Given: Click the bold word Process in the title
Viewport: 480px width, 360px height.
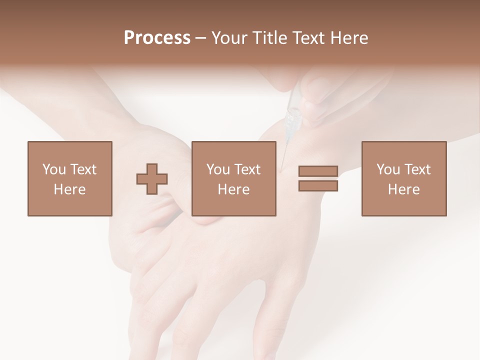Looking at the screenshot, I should pyautogui.click(x=157, y=38).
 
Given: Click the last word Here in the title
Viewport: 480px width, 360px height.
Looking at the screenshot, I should pyautogui.click(x=349, y=38).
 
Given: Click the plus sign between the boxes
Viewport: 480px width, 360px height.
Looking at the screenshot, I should pyautogui.click(x=152, y=178).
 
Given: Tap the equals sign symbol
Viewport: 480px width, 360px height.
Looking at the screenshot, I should pyautogui.click(x=318, y=178).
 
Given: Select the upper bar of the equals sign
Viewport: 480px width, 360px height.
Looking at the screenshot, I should pyautogui.click(x=318, y=171).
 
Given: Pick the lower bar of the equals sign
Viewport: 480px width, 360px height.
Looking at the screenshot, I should pyautogui.click(x=318, y=185).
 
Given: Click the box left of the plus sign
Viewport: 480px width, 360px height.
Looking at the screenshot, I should pyautogui.click(x=69, y=178).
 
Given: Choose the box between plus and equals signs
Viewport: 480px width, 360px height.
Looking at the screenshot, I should pyautogui.click(x=233, y=178).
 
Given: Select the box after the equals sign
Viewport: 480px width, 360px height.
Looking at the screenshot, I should pyautogui.click(x=403, y=178).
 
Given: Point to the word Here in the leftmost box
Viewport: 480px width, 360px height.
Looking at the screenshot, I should pyautogui.click(x=69, y=189).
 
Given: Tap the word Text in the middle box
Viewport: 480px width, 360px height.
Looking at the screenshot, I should pyautogui.click(x=247, y=169).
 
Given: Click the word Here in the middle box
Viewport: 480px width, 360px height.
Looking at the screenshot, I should pyautogui.click(x=233, y=189).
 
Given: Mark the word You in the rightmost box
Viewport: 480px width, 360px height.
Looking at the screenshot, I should pyautogui.click(x=388, y=169).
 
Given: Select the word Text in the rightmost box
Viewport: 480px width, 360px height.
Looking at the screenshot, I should pyautogui.click(x=417, y=169).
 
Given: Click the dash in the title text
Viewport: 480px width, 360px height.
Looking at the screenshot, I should pyautogui.click(x=200, y=38).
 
